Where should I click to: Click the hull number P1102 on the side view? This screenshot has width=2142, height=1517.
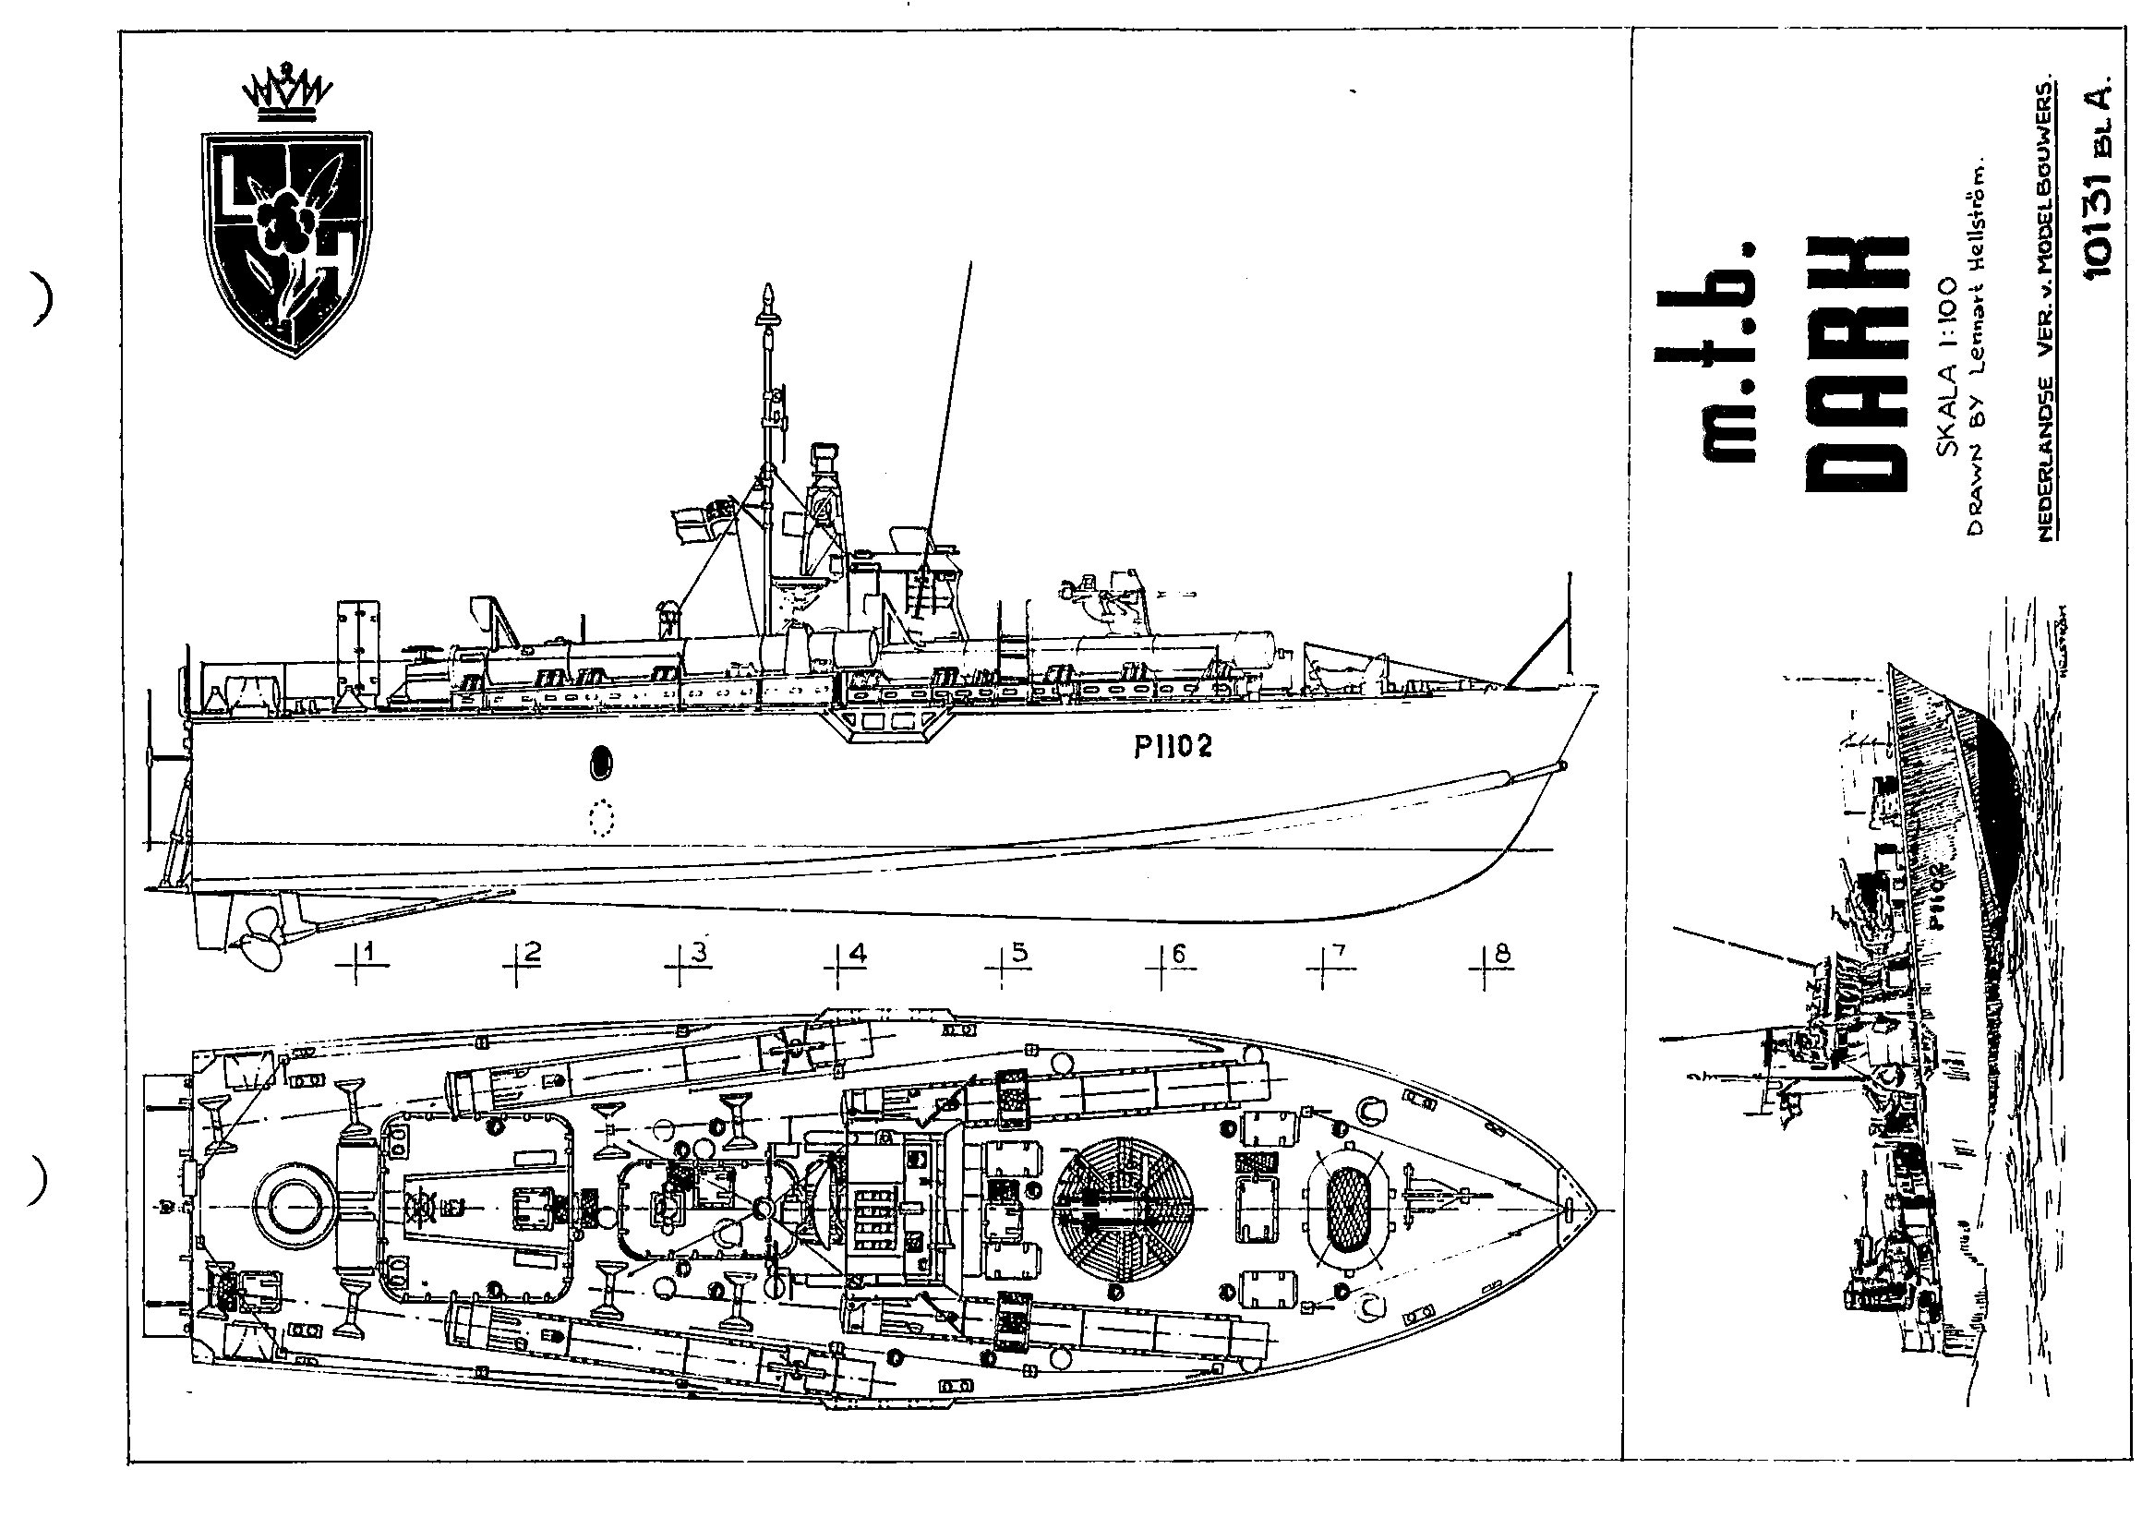[x=1173, y=746]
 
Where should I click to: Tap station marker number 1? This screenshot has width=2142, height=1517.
[x=371, y=954]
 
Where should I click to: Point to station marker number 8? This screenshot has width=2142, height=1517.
[x=1501, y=955]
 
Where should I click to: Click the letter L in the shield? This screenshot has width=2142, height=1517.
[x=234, y=181]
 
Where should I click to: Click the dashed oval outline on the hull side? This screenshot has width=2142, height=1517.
[x=603, y=818]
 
